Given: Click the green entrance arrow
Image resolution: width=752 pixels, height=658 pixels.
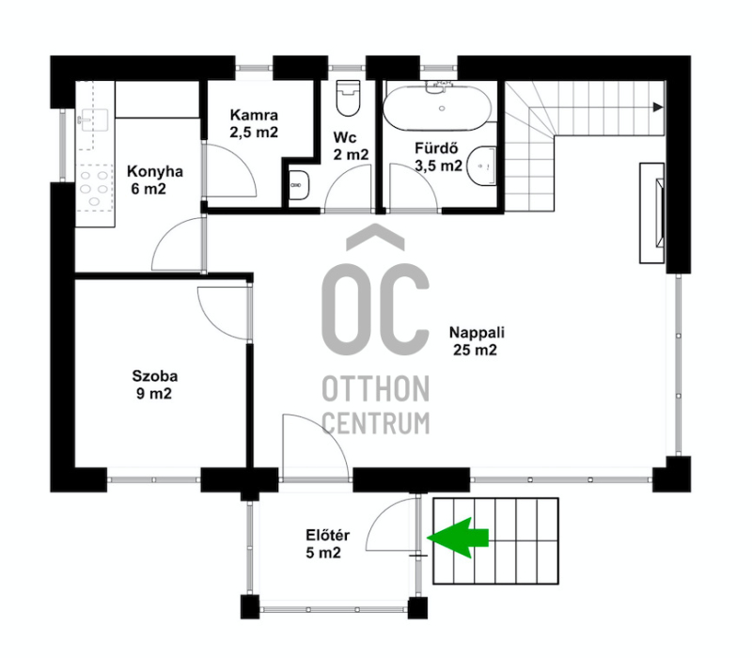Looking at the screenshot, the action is click(458, 538).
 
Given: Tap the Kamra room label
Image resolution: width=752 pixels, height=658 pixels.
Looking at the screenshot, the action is click(254, 123).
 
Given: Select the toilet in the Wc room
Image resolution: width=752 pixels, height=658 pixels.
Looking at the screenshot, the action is click(348, 98).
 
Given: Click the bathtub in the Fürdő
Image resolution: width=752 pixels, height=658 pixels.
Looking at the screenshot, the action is click(437, 107).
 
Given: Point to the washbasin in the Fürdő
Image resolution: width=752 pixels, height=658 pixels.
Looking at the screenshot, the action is click(481, 165).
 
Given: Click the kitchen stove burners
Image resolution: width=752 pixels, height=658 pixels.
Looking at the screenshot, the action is click(94, 188).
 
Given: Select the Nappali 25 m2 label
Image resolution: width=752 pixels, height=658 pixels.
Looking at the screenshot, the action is click(477, 341).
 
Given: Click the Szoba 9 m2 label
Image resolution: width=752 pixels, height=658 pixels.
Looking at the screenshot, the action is click(154, 384).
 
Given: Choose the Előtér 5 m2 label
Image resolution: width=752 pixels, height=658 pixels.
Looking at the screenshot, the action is click(327, 544).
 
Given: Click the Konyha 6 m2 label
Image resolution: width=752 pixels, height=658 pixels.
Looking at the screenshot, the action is click(154, 180).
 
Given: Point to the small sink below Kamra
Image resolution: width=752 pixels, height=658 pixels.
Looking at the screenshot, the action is click(299, 184).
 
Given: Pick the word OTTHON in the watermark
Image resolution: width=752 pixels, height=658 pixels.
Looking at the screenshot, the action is click(375, 388).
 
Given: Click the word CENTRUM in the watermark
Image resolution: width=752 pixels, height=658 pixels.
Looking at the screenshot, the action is click(375, 424).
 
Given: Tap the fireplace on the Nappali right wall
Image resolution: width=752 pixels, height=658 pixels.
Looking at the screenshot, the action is click(652, 213).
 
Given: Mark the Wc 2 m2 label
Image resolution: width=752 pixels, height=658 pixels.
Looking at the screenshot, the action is click(351, 146).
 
